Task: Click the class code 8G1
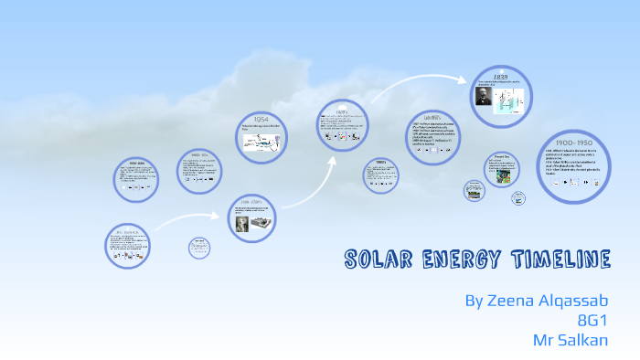point(593,320)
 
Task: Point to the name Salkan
point(586,339)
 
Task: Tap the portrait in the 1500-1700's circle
point(242,223)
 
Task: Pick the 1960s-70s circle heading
point(194,155)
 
